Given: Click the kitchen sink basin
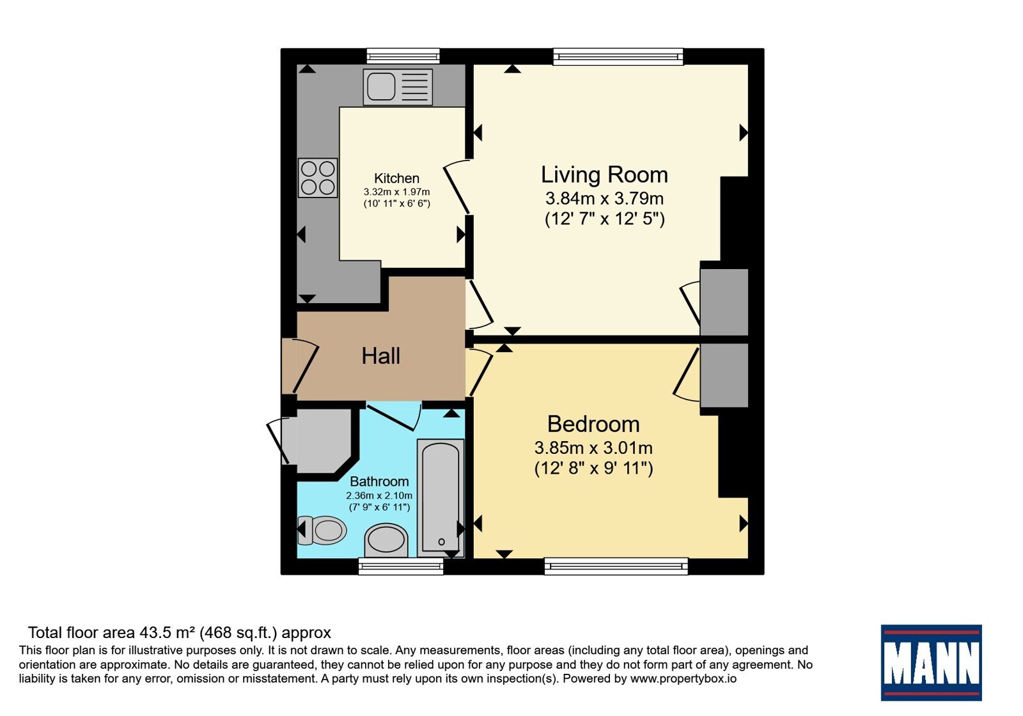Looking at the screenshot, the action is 381,87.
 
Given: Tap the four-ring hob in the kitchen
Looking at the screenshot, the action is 318,178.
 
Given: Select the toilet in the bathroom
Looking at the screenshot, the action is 322,530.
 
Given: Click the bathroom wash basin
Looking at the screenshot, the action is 386,540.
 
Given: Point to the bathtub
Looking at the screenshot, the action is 441,498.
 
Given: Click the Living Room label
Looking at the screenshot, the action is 604,175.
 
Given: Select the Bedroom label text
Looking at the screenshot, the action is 593,424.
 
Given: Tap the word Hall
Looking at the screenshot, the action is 381,356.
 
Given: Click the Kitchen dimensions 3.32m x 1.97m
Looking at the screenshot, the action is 396,192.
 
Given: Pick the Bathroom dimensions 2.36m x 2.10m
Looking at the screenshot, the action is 379,495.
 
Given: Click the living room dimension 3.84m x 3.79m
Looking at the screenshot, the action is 604,199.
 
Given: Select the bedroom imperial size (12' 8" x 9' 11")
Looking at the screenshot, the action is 594,469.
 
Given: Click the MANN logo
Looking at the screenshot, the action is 932,662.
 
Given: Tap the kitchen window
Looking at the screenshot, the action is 403,56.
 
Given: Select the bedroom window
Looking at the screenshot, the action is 616,566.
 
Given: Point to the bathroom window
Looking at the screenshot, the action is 401,566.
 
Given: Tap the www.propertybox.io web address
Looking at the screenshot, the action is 683,678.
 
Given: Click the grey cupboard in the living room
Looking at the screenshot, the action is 724,302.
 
